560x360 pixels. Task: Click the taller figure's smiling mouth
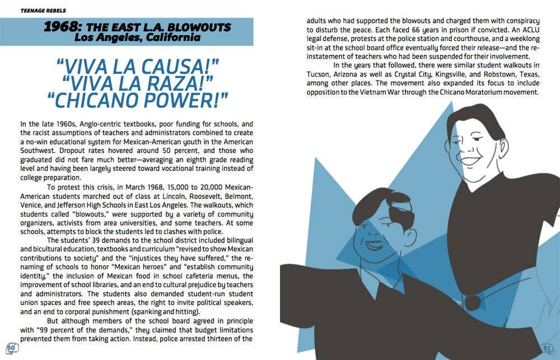[472, 161]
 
